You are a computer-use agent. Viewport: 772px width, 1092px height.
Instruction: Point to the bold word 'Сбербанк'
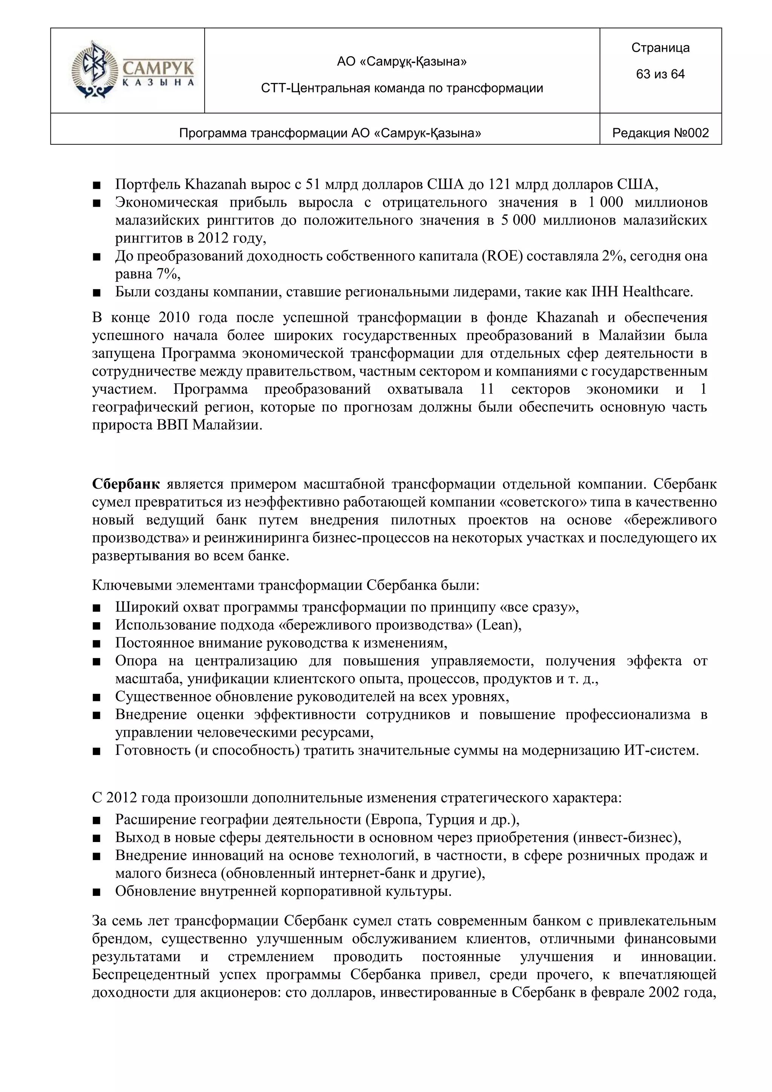click(x=126, y=484)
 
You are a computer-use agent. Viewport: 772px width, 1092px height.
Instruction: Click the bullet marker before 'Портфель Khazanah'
click(x=96, y=185)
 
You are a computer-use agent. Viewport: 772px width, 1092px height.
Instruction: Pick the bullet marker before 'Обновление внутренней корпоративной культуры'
click(x=96, y=892)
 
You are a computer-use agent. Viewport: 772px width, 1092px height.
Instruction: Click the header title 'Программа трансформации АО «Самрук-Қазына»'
click(x=330, y=133)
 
